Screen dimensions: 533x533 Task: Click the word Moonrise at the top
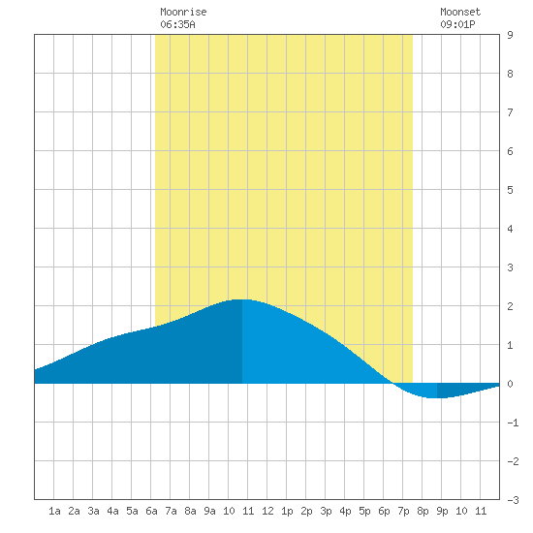point(183,12)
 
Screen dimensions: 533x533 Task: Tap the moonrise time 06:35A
point(177,24)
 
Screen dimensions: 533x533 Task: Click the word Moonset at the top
point(460,12)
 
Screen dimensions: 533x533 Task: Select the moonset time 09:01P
point(457,24)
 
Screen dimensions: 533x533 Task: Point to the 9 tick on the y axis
point(510,35)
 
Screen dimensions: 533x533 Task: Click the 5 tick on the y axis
point(510,190)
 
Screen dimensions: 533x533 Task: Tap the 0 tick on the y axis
point(510,384)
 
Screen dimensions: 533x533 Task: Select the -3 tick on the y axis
point(513,500)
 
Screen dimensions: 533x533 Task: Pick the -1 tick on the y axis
point(513,423)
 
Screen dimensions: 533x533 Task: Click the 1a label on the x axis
point(54,511)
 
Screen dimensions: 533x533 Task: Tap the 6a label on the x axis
point(151,511)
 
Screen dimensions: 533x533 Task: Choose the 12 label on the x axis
point(267,511)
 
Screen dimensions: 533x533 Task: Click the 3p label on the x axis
point(326,511)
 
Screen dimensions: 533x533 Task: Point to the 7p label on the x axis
point(403,511)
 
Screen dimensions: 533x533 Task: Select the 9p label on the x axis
point(442,511)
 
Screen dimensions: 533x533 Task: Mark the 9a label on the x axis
point(209,511)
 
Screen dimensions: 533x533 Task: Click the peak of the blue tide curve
point(242,299)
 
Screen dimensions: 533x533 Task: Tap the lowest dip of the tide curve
point(437,397)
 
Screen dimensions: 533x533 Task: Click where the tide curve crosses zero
point(393,384)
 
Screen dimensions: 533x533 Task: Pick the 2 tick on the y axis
point(510,306)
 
